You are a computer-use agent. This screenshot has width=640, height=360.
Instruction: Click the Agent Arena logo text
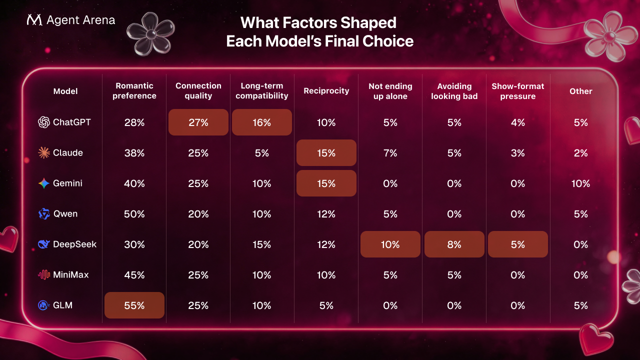(80, 20)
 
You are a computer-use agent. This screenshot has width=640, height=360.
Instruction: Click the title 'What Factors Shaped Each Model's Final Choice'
(319, 31)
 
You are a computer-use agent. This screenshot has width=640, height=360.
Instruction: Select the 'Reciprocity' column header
(326, 91)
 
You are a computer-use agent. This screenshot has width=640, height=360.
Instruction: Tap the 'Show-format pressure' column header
(517, 91)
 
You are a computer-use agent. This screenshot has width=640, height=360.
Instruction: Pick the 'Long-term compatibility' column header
(261, 91)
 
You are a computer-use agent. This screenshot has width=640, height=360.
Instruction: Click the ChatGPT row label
(71, 122)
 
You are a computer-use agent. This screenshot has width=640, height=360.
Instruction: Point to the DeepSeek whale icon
(44, 244)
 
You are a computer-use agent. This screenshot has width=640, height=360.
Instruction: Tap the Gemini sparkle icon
(44, 183)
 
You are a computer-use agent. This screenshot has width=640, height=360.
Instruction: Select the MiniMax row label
(70, 275)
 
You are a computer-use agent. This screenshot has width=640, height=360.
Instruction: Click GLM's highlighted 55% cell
(134, 305)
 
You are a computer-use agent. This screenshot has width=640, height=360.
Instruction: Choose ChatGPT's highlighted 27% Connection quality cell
(198, 122)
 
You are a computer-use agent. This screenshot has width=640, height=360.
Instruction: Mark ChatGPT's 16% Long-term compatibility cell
(261, 122)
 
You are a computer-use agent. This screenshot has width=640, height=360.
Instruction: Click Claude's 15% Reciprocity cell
(326, 153)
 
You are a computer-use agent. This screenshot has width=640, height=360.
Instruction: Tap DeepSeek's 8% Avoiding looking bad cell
(454, 244)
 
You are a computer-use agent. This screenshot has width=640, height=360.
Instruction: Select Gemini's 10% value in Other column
(580, 183)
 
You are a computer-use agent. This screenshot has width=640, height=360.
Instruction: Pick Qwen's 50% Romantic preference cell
(134, 214)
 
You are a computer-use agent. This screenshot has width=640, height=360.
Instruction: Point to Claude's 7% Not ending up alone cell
(390, 153)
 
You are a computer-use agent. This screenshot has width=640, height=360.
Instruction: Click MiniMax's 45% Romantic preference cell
(134, 275)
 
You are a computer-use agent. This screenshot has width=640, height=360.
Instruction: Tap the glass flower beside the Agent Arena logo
(150, 34)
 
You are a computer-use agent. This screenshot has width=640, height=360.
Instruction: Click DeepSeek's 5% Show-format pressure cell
(517, 244)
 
